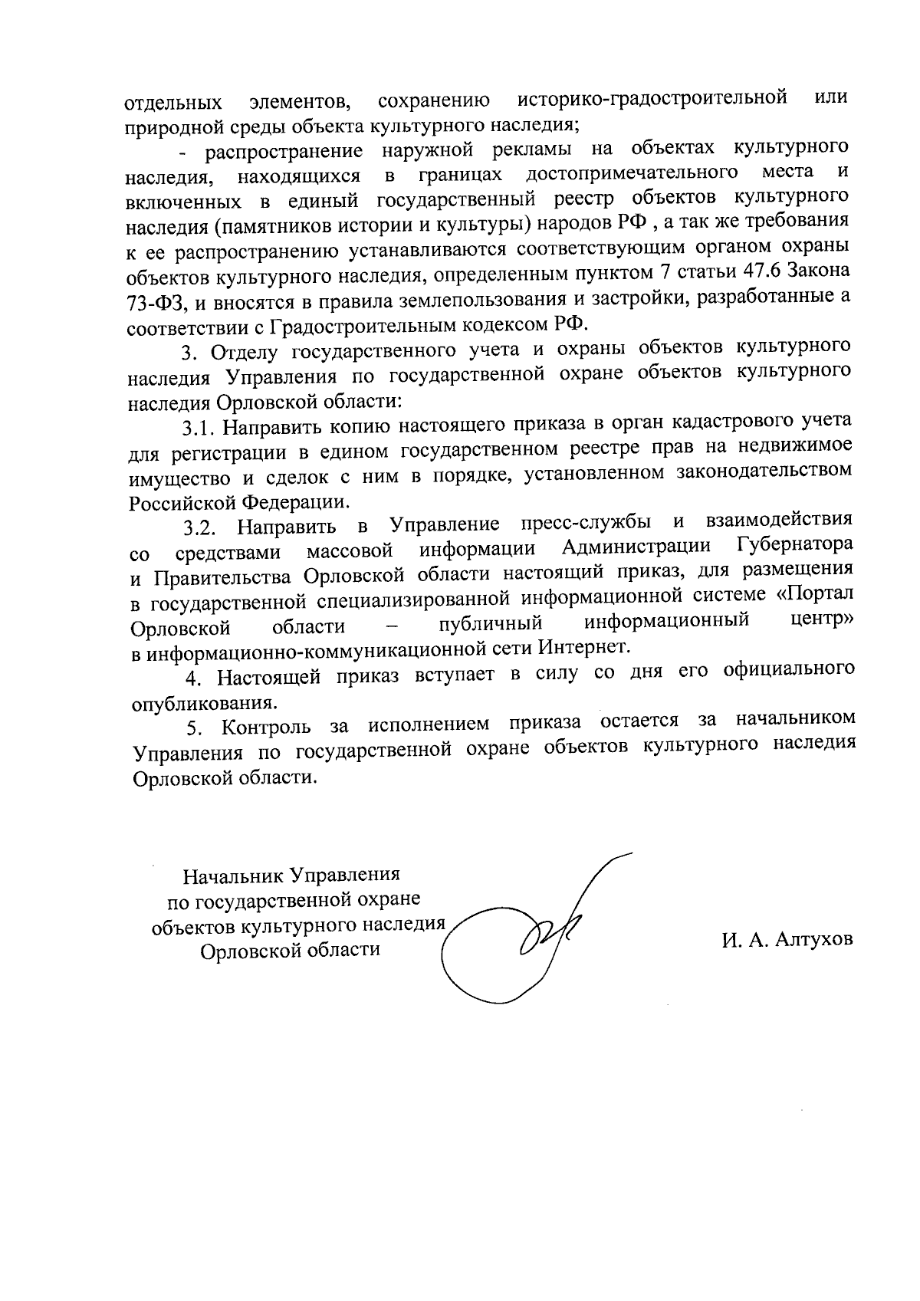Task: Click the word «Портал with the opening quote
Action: pos(816,594)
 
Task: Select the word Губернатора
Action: pos(794,547)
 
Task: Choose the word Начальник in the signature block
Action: pos(227,876)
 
